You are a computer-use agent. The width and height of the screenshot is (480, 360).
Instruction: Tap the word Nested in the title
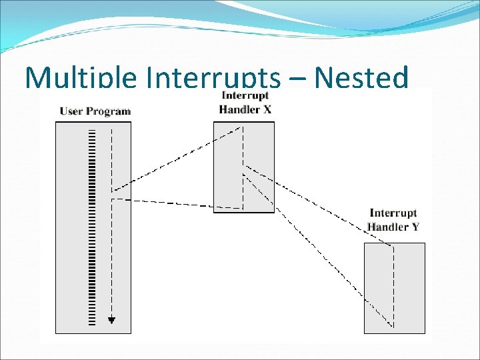pos(361,79)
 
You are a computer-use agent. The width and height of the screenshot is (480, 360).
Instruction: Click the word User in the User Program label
pos(73,111)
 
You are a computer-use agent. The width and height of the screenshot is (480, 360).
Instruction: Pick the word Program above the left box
pos(109,111)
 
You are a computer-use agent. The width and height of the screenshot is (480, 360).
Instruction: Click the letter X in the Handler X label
pos(267,109)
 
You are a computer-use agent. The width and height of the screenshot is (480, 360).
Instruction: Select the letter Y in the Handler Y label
pos(415,227)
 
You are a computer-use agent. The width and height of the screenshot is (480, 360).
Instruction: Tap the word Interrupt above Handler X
pos(245,96)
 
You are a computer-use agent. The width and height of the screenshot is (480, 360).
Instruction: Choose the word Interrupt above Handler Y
pos(393,213)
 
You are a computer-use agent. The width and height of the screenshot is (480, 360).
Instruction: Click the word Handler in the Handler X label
pos(239,109)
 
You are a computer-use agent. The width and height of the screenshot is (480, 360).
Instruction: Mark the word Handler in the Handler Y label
pos(388,227)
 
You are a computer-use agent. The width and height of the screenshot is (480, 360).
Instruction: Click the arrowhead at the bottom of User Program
pos(111,320)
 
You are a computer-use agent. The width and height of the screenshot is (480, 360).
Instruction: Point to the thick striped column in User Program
pos(92,227)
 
